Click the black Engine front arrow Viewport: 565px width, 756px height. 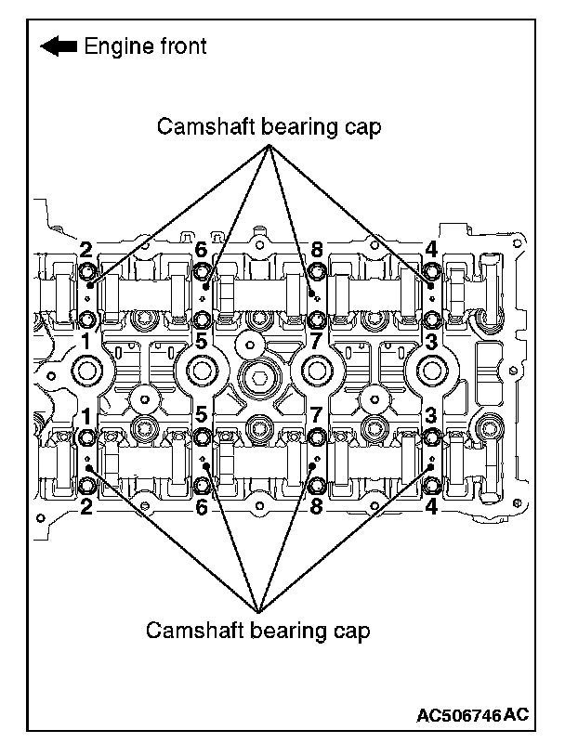coord(58,46)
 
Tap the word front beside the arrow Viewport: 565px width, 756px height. coord(181,46)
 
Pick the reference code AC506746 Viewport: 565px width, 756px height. coord(459,715)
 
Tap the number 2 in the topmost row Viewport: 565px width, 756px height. coord(85,249)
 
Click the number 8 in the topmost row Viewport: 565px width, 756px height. coord(317,249)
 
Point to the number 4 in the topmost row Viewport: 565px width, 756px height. coord(431,249)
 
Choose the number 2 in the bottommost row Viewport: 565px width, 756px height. coord(85,507)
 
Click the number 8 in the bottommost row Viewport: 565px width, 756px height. coord(317,507)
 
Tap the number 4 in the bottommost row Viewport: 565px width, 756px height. coord(431,507)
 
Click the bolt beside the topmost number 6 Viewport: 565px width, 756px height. coord(203,272)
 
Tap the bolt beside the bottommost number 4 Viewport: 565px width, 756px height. coord(431,484)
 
